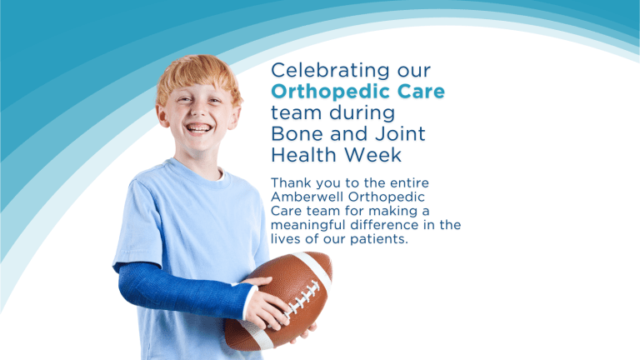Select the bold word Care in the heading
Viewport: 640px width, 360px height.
[421, 92]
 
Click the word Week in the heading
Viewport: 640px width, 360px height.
[372, 155]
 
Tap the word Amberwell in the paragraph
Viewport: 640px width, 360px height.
[307, 197]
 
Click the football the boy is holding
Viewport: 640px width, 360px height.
[278, 301]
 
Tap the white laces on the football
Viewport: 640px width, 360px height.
[302, 299]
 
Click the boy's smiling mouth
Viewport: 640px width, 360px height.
[199, 128]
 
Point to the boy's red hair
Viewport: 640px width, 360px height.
[198, 76]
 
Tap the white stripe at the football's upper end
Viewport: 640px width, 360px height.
[313, 268]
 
